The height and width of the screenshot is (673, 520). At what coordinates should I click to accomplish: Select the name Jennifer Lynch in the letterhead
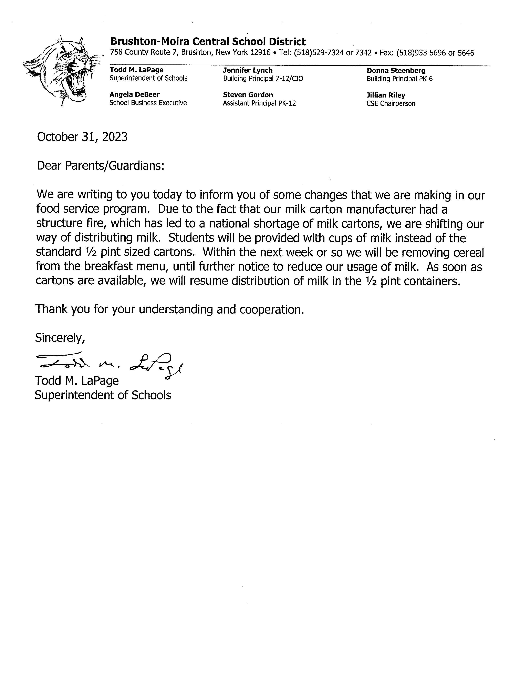click(248, 70)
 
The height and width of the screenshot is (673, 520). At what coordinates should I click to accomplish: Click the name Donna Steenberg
click(396, 71)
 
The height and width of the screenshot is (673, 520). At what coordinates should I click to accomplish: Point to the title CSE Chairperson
click(391, 104)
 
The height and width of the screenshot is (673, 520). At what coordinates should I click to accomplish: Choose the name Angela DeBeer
click(134, 95)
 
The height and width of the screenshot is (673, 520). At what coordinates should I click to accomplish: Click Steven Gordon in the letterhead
click(248, 95)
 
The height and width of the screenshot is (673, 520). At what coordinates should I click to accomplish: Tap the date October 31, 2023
click(82, 137)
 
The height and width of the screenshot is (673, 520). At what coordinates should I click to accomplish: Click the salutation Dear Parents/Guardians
click(100, 166)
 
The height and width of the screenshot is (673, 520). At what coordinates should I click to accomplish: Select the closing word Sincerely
click(60, 338)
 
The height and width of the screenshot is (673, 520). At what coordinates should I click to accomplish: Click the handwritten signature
click(109, 364)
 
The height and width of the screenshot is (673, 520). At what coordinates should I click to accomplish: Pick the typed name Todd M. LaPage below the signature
click(77, 381)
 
